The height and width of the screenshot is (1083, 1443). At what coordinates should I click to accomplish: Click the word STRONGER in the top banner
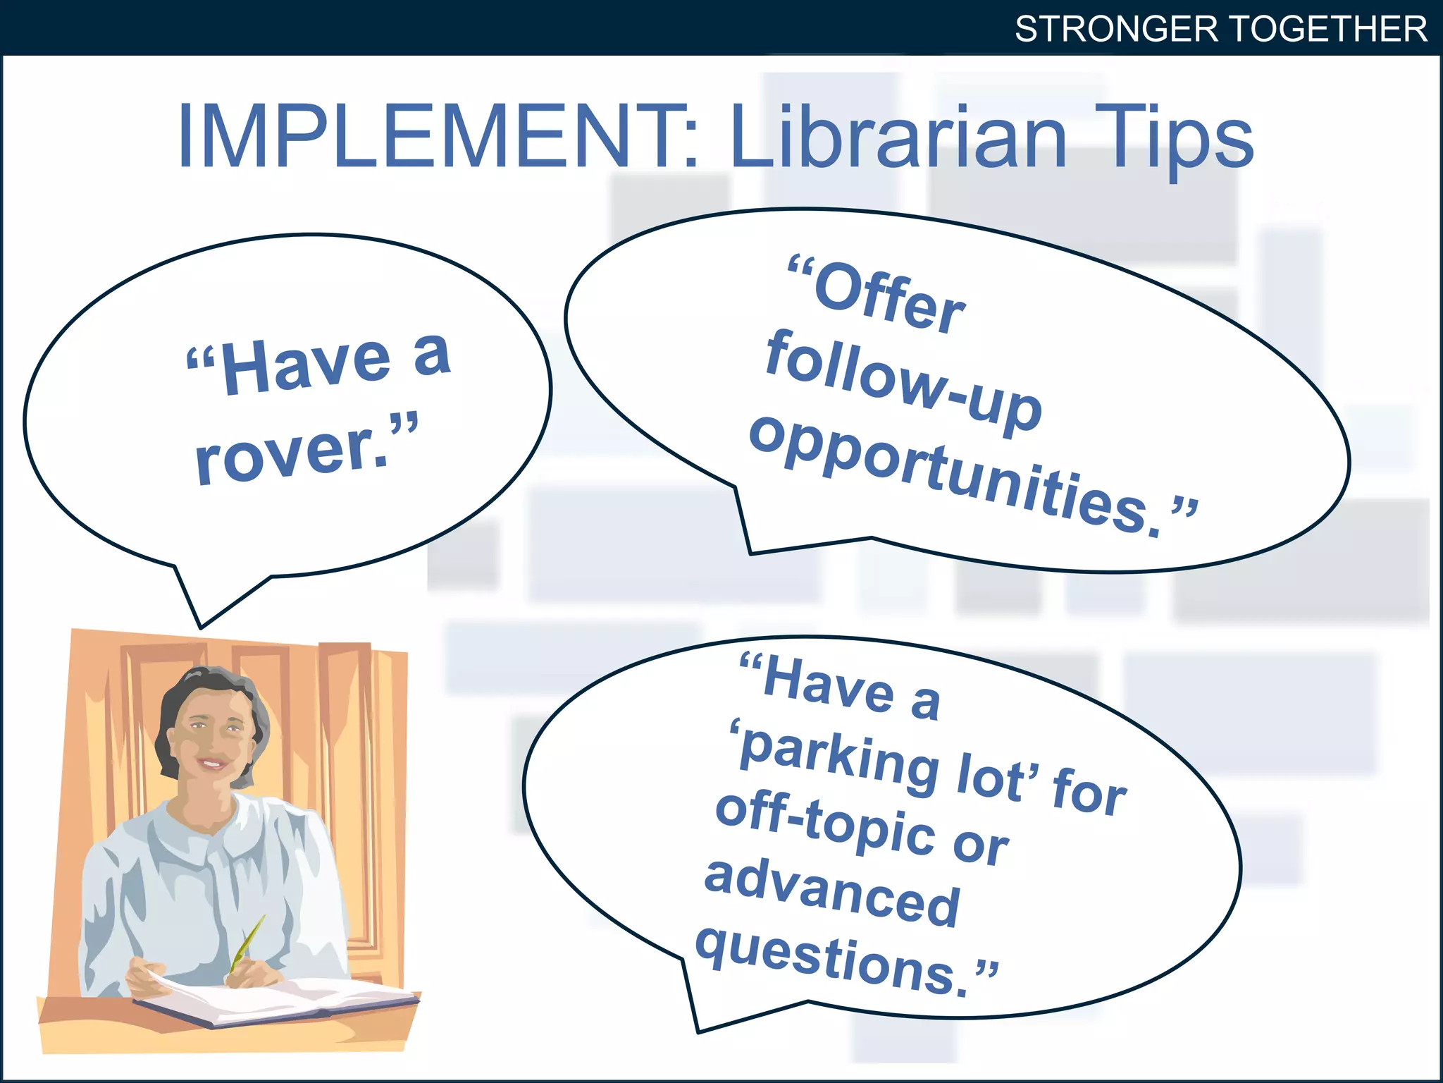point(1116,30)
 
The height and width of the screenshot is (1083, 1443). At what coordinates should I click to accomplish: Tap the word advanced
point(831,892)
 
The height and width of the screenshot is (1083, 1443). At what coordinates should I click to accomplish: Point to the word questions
point(831,959)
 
